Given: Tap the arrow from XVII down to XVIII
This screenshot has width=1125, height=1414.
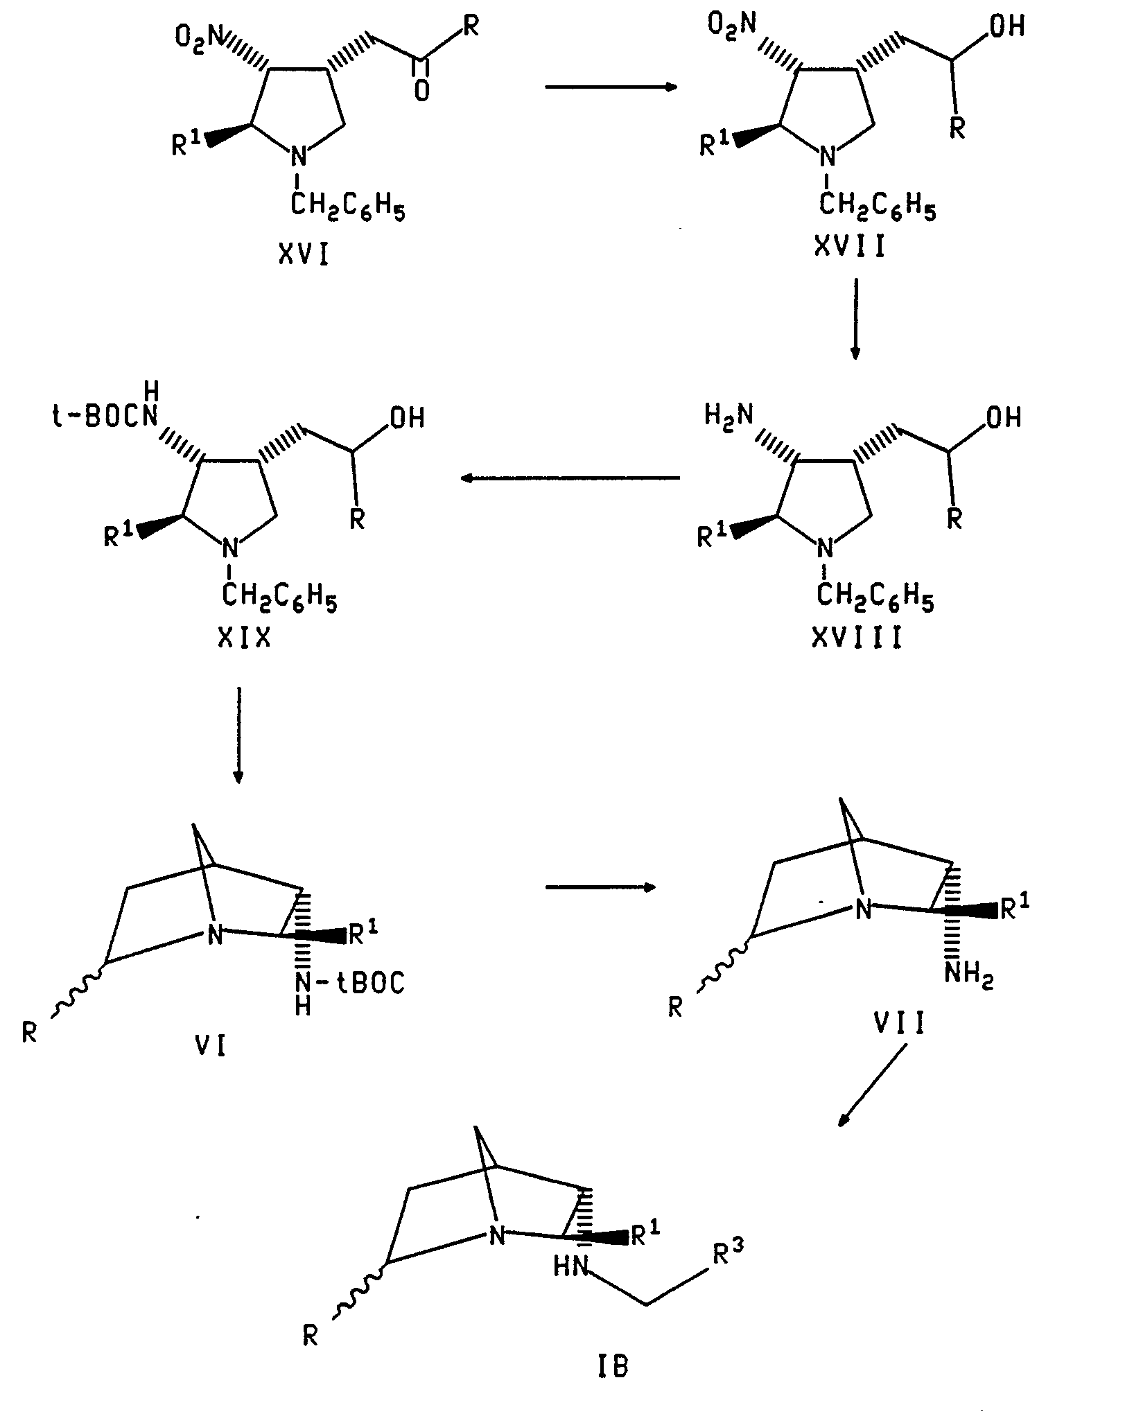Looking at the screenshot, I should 855,319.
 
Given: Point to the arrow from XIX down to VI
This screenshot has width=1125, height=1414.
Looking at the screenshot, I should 238,735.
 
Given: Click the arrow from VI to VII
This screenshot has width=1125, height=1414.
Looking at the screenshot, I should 600,887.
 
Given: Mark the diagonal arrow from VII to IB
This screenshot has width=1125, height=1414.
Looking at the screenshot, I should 873,1085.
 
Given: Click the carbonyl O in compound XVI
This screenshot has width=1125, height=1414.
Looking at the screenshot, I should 421,91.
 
